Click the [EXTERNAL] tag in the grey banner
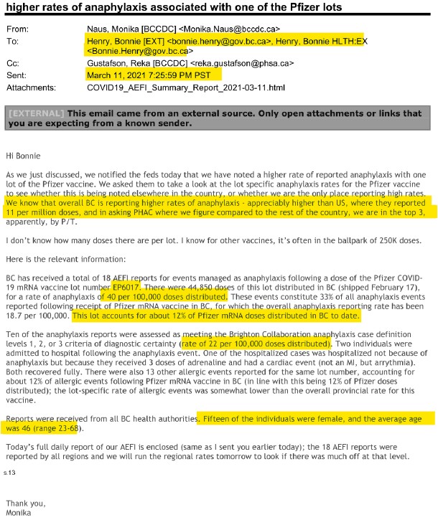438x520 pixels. coord(36,113)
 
